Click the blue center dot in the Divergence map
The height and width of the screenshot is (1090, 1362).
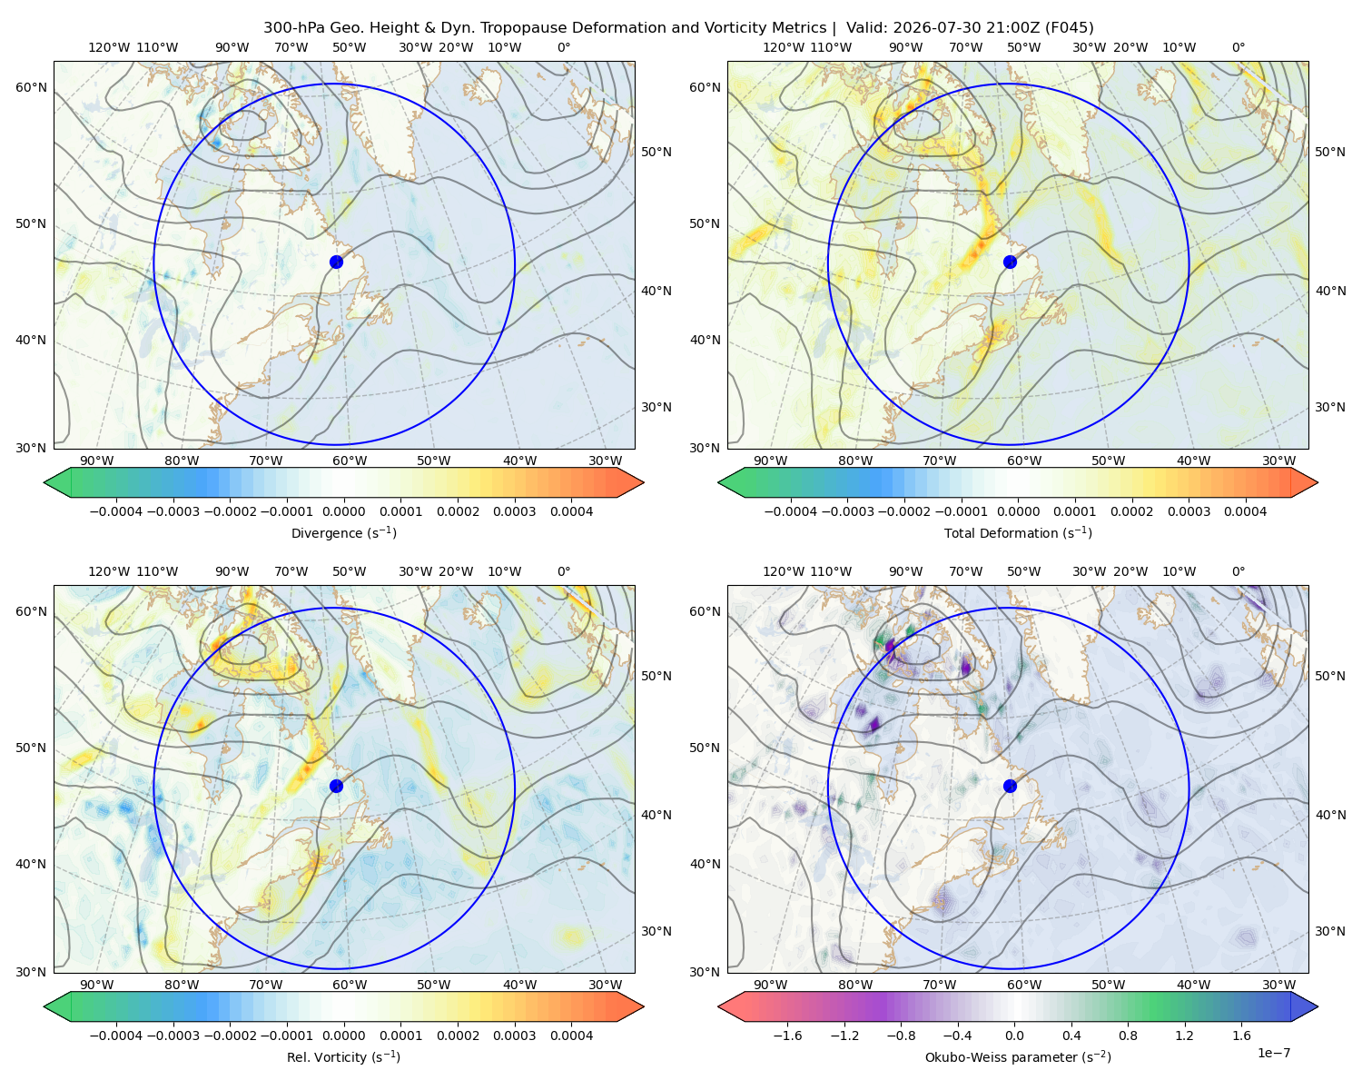(x=336, y=262)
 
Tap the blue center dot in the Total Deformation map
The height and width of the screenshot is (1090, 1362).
(x=1010, y=262)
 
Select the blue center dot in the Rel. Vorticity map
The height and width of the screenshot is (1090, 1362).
(x=336, y=786)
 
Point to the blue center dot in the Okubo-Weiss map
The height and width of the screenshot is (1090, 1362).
(x=1010, y=786)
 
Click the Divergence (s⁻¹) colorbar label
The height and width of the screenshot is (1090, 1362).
(x=343, y=532)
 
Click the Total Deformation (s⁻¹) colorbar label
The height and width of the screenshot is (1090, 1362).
(x=1018, y=532)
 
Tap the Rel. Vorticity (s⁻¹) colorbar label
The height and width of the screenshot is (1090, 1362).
(x=343, y=1056)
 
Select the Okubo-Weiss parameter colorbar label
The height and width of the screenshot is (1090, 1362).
(x=1018, y=1056)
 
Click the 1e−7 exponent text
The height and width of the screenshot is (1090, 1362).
(x=1273, y=1053)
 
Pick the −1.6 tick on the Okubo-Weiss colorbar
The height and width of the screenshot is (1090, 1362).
(x=787, y=1035)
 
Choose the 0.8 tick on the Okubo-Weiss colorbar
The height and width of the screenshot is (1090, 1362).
(x=1128, y=1035)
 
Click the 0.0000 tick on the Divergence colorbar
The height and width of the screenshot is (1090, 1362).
(x=343, y=511)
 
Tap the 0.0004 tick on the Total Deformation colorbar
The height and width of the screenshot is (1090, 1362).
(x=1245, y=511)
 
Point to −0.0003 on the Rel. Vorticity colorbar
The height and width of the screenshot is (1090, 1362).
(x=173, y=1035)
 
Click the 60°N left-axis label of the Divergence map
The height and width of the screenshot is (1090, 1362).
(x=31, y=87)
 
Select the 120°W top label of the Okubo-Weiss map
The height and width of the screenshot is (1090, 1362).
(x=784, y=570)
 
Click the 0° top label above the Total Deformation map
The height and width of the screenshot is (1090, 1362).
(x=1238, y=47)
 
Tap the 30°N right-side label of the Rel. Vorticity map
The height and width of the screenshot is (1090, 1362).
(x=656, y=930)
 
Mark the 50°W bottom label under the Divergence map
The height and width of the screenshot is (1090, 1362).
(x=433, y=461)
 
